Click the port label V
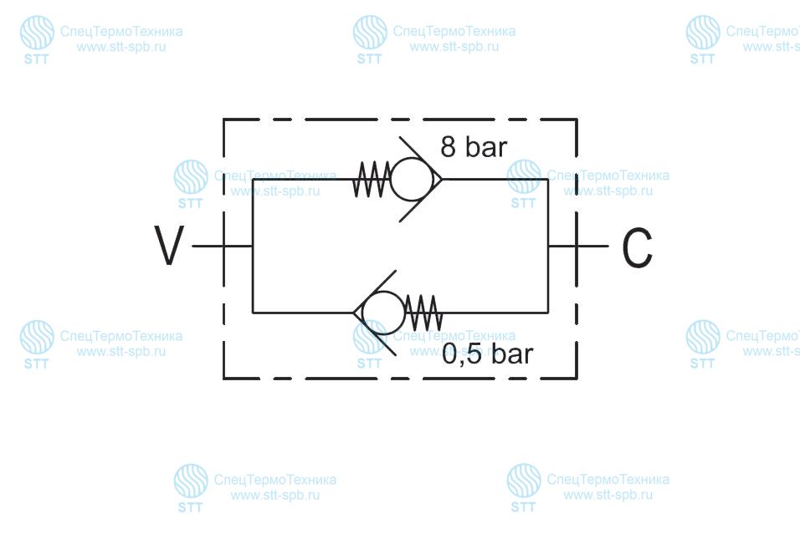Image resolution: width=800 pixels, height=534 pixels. coord(169,246)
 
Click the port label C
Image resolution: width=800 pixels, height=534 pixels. coord(638,247)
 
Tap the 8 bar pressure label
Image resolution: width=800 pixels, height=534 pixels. coord(474,147)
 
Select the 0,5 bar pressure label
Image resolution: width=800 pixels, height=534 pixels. coord(487,353)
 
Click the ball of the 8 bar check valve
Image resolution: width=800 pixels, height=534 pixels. coord(412,180)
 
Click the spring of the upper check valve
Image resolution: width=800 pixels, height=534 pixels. coord(372,180)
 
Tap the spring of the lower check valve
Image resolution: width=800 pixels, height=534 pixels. coord(423,313)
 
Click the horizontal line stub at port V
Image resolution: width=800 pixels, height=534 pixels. coord(223,247)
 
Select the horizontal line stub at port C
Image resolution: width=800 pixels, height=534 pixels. coord(578,247)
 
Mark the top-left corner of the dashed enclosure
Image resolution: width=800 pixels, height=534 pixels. coord(223,120)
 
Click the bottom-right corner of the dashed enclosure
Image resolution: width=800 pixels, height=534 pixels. coord(577,379)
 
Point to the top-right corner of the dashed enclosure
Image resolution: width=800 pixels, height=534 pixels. coord(577,120)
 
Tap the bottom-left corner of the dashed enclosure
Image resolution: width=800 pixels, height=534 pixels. coord(223,379)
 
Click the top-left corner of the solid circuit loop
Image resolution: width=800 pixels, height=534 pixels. coord(253,180)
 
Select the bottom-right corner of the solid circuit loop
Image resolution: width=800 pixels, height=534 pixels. coord(548,313)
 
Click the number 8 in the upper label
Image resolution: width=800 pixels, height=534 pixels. coord(448,147)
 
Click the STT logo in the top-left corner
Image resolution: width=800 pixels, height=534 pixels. coord(37,40)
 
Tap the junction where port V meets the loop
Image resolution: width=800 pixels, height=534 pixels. coord(253,247)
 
